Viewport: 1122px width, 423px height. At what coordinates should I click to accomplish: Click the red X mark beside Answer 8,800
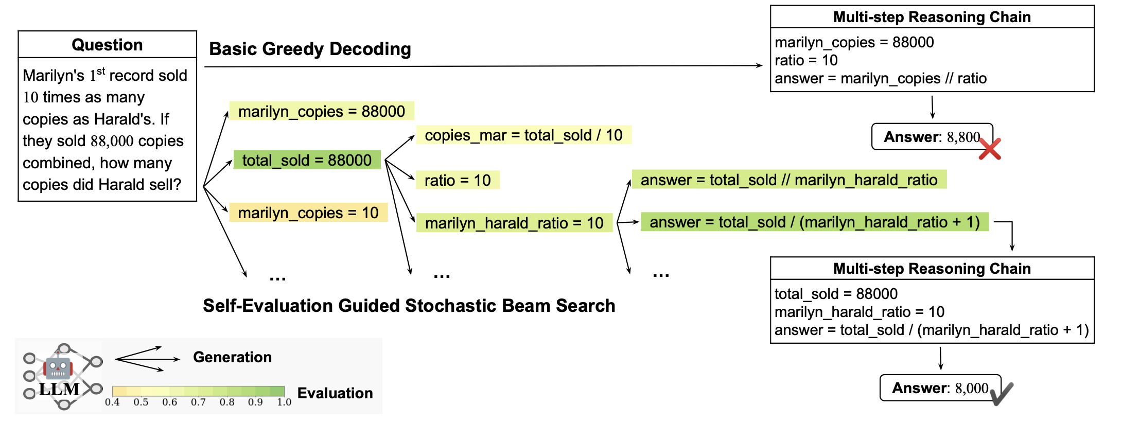point(989,149)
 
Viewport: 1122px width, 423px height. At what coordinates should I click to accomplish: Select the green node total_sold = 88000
point(307,160)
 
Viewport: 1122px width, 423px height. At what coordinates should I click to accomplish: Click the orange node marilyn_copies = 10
point(308,213)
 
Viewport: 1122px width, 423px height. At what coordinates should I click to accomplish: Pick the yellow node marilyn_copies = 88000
point(321,111)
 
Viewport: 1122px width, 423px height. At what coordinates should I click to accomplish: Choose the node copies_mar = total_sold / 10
point(523,135)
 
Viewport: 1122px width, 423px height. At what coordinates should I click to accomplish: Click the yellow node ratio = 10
point(457,180)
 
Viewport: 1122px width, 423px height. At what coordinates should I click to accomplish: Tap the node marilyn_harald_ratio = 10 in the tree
point(514,223)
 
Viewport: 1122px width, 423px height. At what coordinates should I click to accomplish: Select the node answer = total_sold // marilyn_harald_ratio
point(788,180)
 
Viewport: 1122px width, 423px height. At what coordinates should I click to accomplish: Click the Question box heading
point(107,45)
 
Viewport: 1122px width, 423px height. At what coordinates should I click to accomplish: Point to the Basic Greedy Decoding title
point(310,49)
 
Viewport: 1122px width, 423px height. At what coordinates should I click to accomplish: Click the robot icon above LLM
point(58,366)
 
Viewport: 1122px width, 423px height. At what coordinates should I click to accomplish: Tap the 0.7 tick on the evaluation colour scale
point(198,402)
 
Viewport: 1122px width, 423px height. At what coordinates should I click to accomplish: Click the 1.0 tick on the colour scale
point(284,402)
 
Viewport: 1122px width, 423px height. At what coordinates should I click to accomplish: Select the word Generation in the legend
point(232,357)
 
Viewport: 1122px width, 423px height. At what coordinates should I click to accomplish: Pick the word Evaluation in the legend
point(335,393)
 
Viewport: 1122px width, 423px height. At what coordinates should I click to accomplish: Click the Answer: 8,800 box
point(932,137)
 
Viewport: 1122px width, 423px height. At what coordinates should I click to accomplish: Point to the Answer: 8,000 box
point(940,388)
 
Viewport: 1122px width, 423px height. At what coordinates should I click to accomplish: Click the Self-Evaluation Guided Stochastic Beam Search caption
point(409,306)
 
